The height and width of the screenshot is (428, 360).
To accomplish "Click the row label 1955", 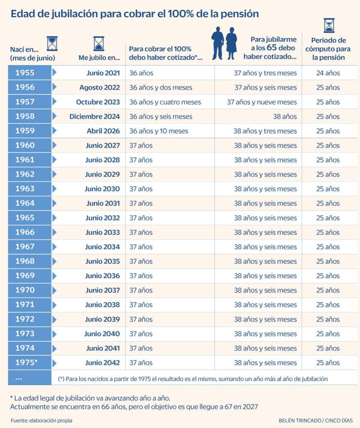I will [25, 73].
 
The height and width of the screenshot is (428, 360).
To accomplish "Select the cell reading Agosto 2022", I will [100, 87].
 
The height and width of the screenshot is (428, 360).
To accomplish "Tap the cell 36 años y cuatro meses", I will [165, 102].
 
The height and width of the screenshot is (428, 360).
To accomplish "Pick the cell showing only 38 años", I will [285, 116].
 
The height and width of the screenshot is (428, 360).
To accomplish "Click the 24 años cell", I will [328, 73].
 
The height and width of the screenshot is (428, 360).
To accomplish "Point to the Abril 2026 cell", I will [103, 131].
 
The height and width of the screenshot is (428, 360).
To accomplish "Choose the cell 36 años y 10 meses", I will [159, 131].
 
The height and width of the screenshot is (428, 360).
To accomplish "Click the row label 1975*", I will [26, 363].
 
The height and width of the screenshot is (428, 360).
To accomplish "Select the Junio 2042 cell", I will [102, 363].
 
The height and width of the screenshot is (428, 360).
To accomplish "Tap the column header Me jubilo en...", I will [99, 58].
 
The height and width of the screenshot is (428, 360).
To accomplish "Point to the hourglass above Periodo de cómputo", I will [329, 25].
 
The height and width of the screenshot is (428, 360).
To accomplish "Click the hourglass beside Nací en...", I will [52, 43].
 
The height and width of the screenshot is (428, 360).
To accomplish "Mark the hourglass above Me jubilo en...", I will [99, 43].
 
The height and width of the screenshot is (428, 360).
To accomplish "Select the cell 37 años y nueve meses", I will [262, 102].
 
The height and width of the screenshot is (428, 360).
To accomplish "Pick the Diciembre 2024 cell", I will [94, 116].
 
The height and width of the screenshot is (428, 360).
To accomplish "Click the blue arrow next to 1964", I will [55, 203].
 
